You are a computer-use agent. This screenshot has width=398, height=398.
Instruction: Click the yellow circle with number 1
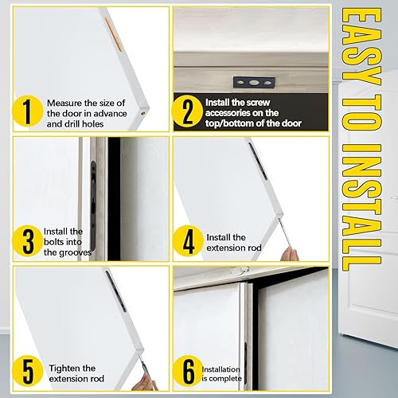point(28,113)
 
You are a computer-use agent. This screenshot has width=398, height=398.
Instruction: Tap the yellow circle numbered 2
point(187,113)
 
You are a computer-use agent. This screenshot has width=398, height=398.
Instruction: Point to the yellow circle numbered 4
point(187,240)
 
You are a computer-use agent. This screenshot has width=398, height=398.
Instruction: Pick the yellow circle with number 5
point(28,370)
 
